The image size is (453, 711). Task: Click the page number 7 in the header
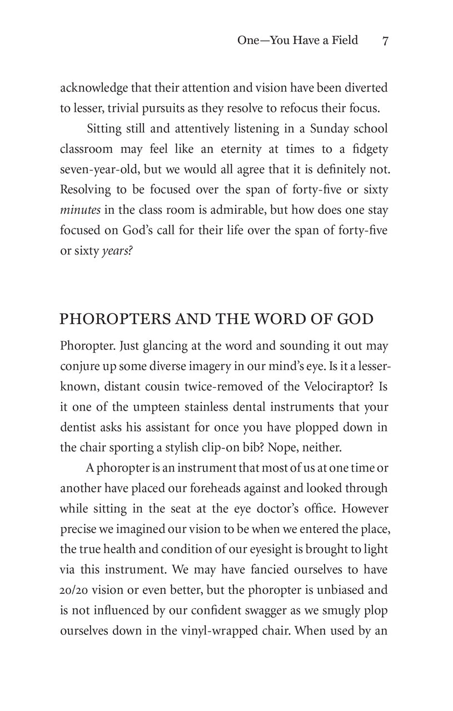click(x=385, y=41)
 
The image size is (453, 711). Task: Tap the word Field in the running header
click(x=344, y=41)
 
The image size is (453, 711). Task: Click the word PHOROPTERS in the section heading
click(x=103, y=319)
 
